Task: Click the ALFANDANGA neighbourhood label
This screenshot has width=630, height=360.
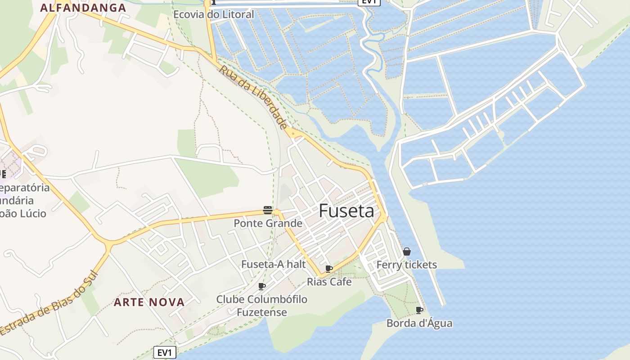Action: pos(83,8)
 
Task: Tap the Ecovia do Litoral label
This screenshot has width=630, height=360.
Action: pos(214,14)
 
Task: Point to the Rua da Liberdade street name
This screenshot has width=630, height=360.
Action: pos(253,96)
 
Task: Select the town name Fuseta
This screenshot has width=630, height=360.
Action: pos(346,211)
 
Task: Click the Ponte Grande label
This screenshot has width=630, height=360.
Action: pos(268,223)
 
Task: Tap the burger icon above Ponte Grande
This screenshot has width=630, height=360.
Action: pos(268,210)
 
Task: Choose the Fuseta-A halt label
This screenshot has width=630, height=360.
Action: pos(274,264)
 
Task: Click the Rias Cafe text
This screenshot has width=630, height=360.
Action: pos(329,282)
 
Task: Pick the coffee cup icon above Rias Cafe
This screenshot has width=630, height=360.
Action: pos(329,269)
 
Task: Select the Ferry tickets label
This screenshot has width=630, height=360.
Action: pos(406,265)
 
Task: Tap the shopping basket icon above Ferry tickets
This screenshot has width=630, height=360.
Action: pos(407,252)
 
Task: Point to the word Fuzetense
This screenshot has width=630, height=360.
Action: pos(261,312)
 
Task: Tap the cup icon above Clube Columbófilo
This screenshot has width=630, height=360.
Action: pos(262,286)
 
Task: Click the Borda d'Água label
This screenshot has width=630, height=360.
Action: pos(419,323)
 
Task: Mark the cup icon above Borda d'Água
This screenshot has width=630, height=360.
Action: pos(419,310)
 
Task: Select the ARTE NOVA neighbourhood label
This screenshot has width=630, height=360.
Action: pos(149,302)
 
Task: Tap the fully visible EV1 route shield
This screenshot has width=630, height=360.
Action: pos(165,352)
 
